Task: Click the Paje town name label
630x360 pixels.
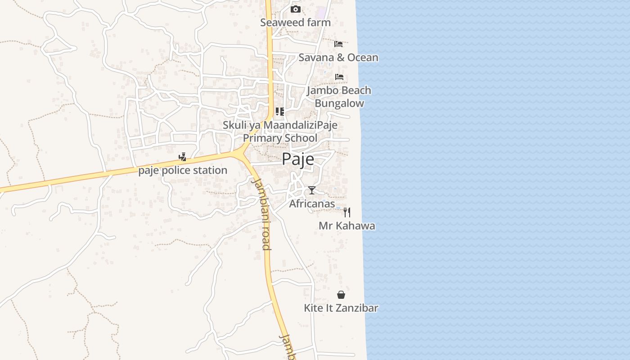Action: [x=298, y=159]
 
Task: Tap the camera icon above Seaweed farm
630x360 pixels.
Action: [x=296, y=9]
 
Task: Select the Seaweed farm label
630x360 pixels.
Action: [x=295, y=22]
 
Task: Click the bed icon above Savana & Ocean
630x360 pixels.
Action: [x=338, y=44]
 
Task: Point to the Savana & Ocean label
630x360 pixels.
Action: [x=338, y=58]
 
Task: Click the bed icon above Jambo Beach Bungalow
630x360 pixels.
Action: [x=339, y=77]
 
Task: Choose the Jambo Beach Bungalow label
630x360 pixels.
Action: [x=339, y=97]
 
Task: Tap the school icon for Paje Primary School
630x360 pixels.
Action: [x=280, y=112]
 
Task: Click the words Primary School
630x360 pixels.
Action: [x=280, y=138]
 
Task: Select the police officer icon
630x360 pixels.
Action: [x=182, y=157]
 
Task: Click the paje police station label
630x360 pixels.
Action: [x=183, y=171]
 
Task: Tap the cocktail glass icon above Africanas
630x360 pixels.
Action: [x=312, y=190]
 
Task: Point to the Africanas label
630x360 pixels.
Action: [x=312, y=204]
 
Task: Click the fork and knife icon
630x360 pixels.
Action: [x=347, y=212]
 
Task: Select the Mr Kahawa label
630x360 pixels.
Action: [x=347, y=226]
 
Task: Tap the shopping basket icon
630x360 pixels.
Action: [x=341, y=295]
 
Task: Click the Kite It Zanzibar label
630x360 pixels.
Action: [x=341, y=308]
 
